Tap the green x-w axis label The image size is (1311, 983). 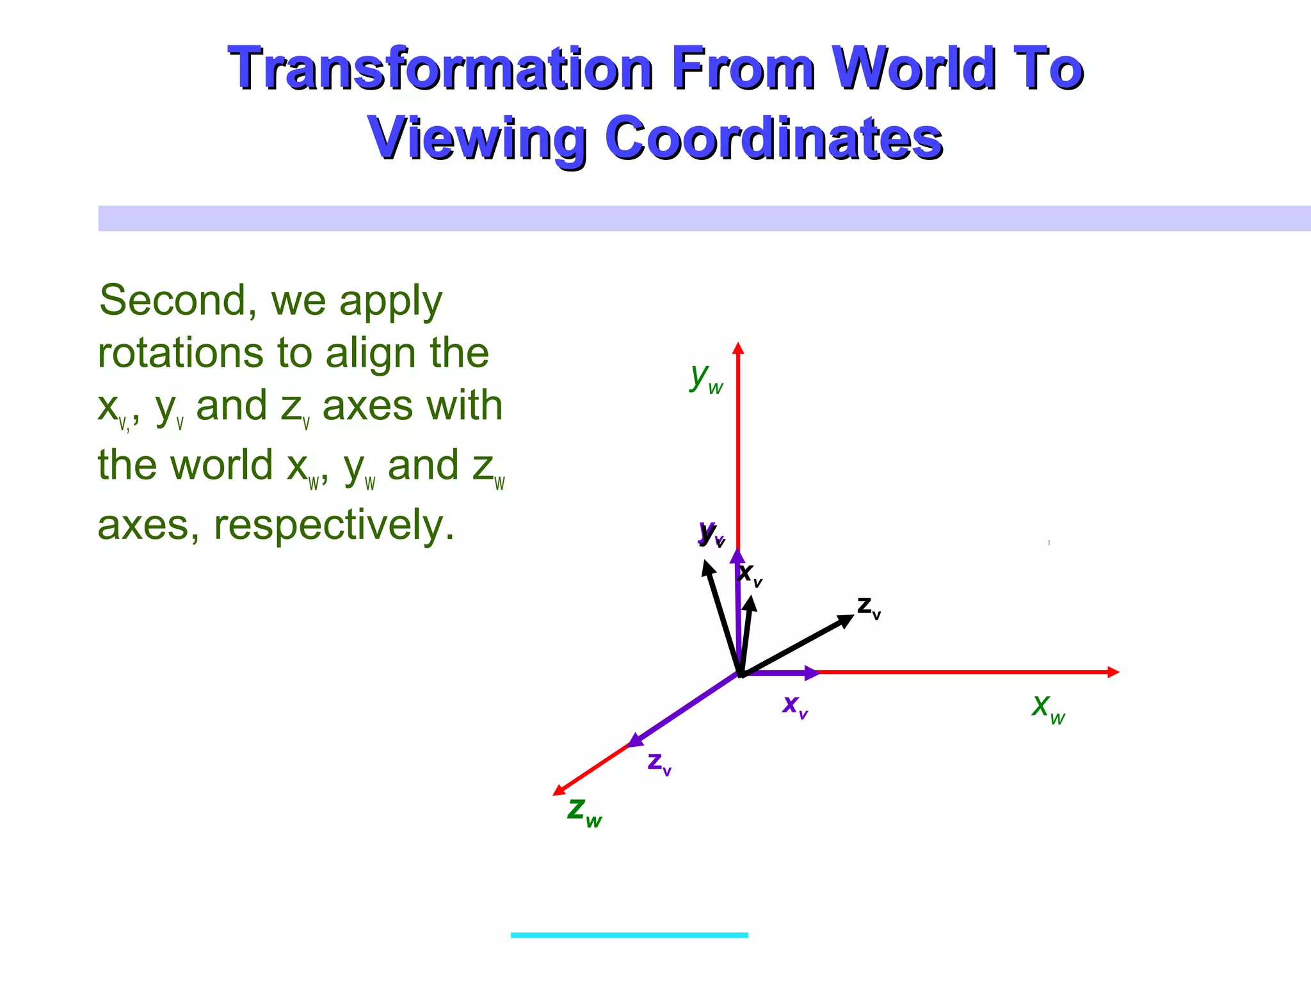1048,708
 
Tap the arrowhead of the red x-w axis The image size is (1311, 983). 1114,672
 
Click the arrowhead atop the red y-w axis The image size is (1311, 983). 738,348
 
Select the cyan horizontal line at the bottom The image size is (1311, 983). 629,935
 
